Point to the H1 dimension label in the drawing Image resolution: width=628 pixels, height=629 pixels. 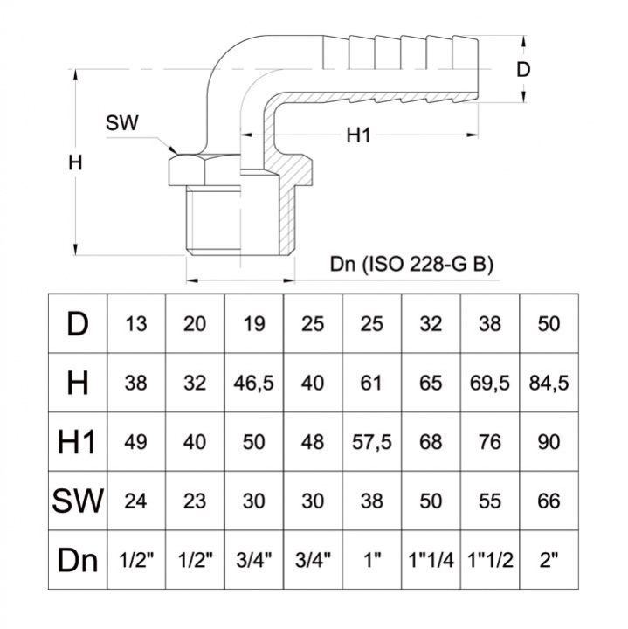pyautogui.click(x=360, y=135)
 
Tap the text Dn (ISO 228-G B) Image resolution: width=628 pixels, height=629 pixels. pyautogui.click(x=411, y=265)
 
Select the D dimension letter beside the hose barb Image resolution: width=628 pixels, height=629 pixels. pyautogui.click(x=523, y=70)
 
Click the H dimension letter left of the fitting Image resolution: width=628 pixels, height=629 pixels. pyautogui.click(x=76, y=162)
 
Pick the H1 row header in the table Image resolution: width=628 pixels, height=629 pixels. pyautogui.click(x=77, y=442)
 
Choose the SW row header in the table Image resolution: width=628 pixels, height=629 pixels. pyautogui.click(x=77, y=501)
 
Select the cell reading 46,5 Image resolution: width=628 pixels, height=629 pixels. pyautogui.click(x=254, y=383)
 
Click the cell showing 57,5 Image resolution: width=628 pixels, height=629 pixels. pyautogui.click(x=372, y=442)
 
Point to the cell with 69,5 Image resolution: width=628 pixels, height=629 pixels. pyautogui.click(x=491, y=383)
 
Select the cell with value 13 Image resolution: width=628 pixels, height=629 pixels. pyautogui.click(x=136, y=324)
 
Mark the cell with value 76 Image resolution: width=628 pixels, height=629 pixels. pyautogui.click(x=491, y=442)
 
